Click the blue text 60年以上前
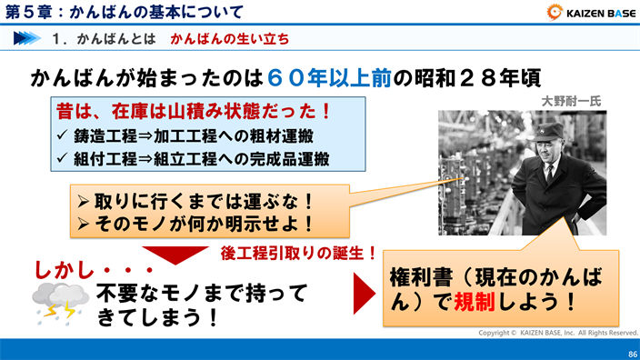point(330,77)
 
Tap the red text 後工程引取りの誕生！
point(299,252)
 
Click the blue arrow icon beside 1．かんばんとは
point(27,40)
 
